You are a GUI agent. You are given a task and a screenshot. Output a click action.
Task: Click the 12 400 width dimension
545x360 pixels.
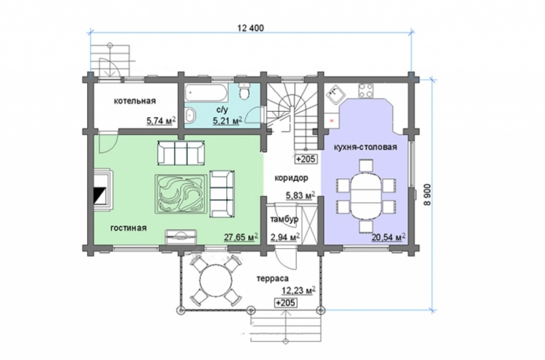[250, 28]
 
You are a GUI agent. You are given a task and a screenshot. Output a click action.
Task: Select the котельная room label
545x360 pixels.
[135, 101]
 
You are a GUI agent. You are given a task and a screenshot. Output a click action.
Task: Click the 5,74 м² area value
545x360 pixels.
[161, 121]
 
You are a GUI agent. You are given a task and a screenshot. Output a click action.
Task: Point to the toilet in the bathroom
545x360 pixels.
[245, 91]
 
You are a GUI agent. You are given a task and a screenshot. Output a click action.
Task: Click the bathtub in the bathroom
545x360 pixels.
[206, 93]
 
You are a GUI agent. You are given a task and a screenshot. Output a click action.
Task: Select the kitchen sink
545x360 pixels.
[335, 95]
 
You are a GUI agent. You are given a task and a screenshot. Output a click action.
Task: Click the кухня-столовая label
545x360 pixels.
[365, 147]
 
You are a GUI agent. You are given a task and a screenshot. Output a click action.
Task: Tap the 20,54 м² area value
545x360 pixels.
[389, 237]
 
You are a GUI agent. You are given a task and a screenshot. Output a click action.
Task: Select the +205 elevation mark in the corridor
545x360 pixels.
[306, 159]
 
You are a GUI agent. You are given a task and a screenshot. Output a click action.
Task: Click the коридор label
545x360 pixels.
[292, 178]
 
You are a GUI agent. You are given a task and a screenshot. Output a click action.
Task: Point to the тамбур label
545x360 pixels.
[284, 220]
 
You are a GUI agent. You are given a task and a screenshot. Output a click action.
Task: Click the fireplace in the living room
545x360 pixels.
[103, 190]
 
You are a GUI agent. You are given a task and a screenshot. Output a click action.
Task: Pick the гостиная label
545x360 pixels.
[129, 228]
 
